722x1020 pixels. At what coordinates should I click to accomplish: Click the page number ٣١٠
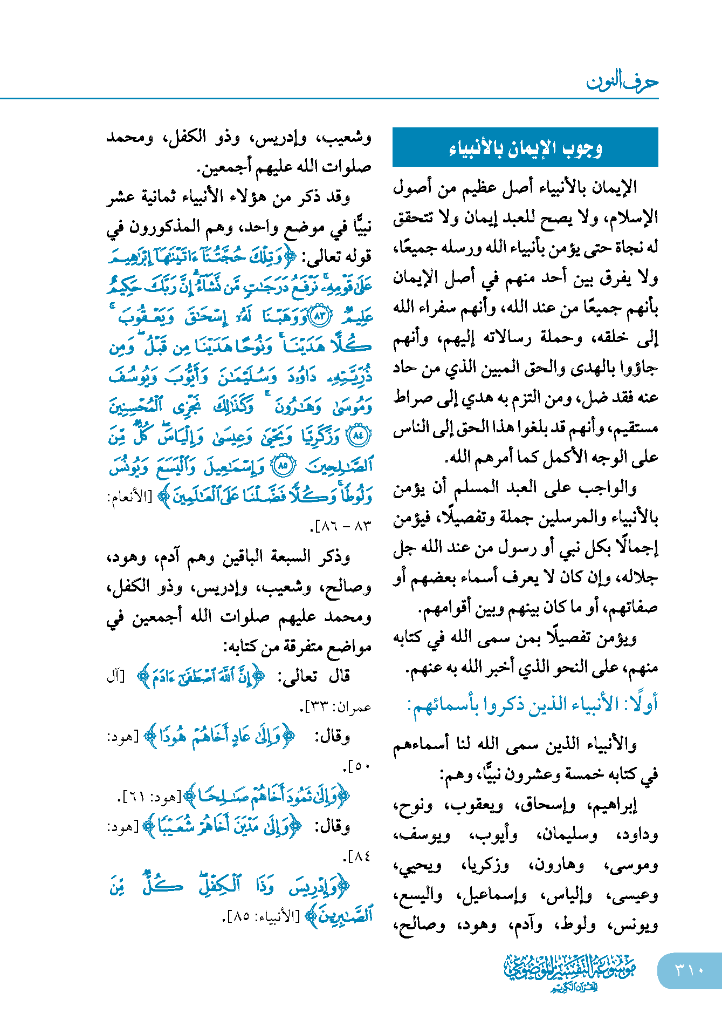(x=689, y=970)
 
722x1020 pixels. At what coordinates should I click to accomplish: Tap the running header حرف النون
(x=622, y=82)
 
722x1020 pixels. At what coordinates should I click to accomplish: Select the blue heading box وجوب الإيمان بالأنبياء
(x=525, y=147)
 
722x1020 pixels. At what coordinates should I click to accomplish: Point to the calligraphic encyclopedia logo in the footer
(x=570, y=972)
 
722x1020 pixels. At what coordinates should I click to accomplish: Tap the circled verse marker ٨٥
(x=284, y=465)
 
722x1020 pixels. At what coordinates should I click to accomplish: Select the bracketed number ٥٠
(x=358, y=766)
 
